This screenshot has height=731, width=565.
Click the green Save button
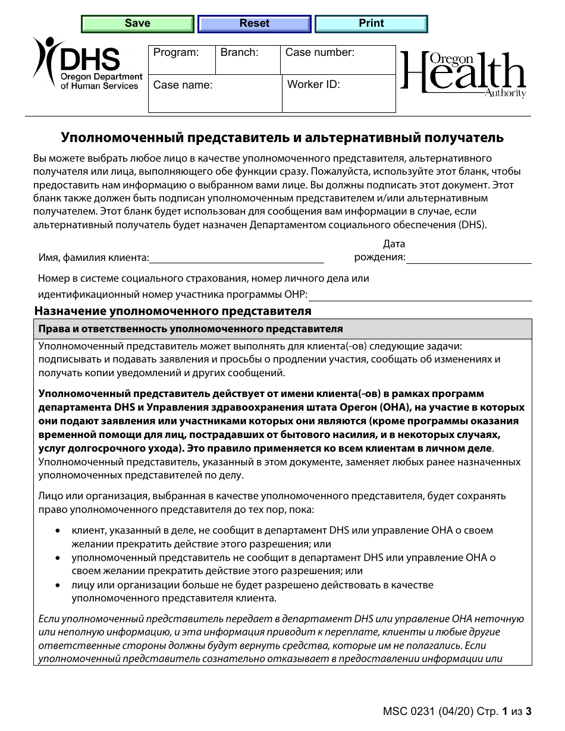point(137,24)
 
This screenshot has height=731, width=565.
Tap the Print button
point(371,24)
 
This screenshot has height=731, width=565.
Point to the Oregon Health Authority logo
point(463,74)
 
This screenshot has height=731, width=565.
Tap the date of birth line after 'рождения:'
point(469,258)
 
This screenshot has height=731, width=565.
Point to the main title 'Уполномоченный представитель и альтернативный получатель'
point(282,138)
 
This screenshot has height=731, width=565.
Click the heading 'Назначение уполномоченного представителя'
point(173,311)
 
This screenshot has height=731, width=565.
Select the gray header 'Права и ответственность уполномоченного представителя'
point(190,329)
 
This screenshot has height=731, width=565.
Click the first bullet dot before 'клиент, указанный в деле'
point(57,530)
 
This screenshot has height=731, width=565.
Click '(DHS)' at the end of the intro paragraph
point(472,225)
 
